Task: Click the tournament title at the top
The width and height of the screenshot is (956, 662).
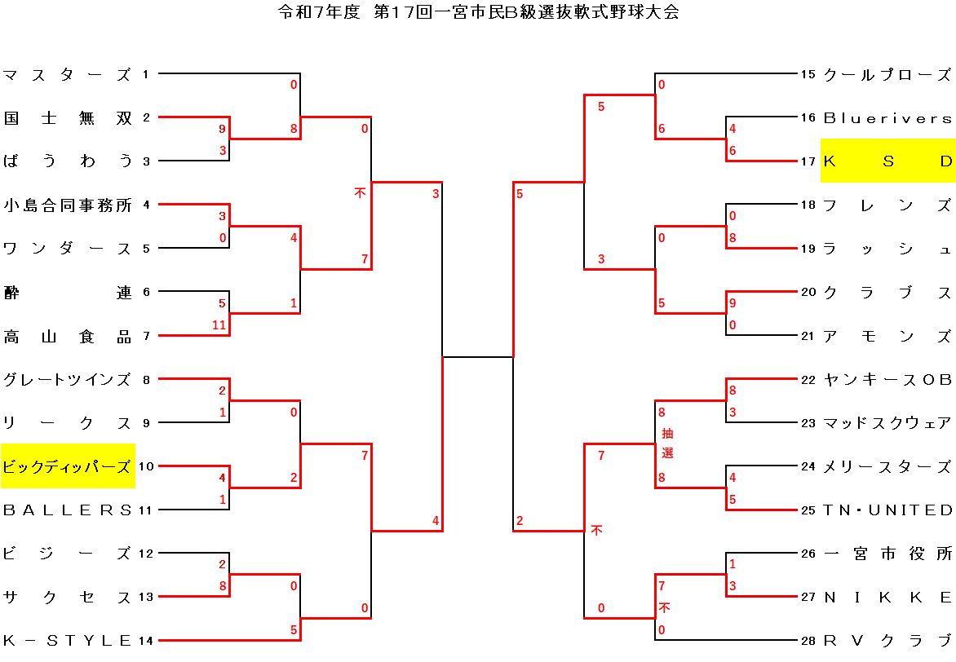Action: point(478,12)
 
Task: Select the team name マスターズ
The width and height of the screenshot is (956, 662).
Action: point(67,75)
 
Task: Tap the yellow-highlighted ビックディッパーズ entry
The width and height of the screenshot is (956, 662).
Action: point(68,466)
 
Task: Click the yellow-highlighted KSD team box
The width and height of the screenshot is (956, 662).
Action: point(887,161)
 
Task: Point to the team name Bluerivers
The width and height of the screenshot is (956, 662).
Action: point(887,118)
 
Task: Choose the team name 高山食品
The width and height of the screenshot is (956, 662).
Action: point(67,336)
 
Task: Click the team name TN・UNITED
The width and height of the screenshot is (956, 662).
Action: point(887,510)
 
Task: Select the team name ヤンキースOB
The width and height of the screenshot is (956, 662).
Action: point(887,379)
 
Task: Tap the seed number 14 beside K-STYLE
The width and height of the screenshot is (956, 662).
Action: point(146,641)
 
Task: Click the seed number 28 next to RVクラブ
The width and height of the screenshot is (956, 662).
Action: point(808,641)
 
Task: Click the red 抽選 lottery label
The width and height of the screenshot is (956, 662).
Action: point(667,443)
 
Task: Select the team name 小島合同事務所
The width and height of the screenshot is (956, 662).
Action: point(67,205)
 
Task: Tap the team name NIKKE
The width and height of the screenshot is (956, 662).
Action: point(887,598)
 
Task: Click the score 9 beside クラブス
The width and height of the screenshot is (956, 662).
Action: point(732,303)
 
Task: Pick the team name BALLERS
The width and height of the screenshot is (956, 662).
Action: point(67,510)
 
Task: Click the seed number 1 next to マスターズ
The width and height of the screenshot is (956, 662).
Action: point(145,75)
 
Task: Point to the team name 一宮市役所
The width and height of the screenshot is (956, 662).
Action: point(887,554)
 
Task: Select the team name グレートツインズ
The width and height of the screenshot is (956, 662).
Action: point(67,379)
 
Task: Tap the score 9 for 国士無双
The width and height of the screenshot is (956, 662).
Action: point(222,129)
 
